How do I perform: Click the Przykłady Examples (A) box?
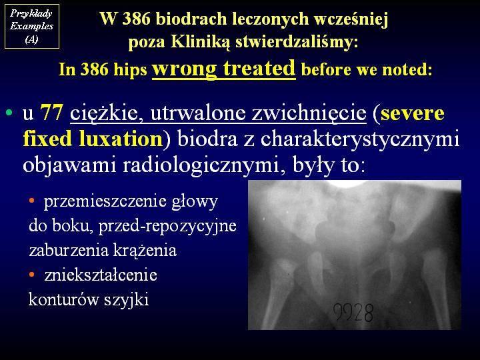32,26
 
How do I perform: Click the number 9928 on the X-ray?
353,312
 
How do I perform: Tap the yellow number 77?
52,112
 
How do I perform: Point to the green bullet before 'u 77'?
9,113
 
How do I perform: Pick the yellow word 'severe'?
413,113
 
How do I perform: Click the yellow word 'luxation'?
121,139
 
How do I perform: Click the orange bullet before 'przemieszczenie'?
31,201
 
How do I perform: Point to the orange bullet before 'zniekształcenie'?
31,274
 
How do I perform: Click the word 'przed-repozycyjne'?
167,227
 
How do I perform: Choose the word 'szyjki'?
127,300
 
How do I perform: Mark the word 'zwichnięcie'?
309,113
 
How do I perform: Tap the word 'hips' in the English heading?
130,70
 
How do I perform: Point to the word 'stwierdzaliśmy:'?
297,41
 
